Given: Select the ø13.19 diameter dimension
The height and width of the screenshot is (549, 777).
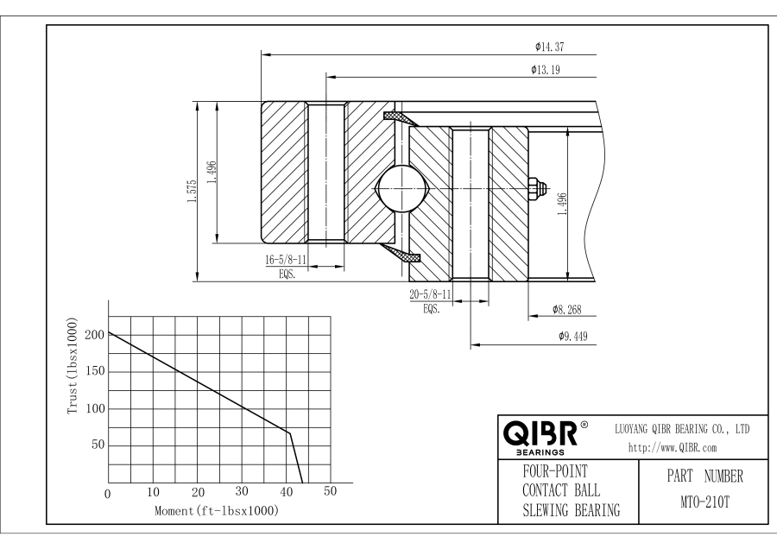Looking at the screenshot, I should tap(549, 70).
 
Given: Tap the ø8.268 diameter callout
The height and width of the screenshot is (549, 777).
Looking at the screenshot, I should tap(570, 309).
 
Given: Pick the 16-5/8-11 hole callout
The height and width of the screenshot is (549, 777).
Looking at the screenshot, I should tap(286, 258).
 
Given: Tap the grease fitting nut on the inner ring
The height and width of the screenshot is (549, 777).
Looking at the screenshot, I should tap(534, 186).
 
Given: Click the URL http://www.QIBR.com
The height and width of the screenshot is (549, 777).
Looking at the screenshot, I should tap(673, 447).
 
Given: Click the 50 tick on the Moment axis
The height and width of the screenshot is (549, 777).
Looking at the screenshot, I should tap(330, 493).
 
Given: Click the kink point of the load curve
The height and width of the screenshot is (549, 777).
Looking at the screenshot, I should tap(290, 432).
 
